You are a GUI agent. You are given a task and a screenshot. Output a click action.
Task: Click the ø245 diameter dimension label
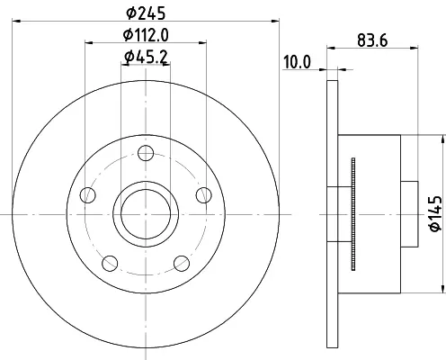[146, 13]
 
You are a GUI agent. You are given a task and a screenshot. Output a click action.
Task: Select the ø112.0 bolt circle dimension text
[146, 35]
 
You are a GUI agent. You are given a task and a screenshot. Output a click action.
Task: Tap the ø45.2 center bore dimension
[146, 57]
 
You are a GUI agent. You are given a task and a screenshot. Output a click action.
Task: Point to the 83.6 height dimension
[372, 40]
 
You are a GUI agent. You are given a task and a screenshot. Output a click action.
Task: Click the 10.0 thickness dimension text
[298, 62]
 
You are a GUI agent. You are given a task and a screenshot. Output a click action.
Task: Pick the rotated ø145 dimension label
[436, 213]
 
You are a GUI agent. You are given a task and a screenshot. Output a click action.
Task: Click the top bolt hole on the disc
[146, 153]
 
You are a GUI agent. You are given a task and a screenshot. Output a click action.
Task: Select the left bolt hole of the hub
[88, 195]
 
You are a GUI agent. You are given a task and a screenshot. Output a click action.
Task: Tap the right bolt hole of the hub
[204, 195]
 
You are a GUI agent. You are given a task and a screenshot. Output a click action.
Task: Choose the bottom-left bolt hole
[110, 264]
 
